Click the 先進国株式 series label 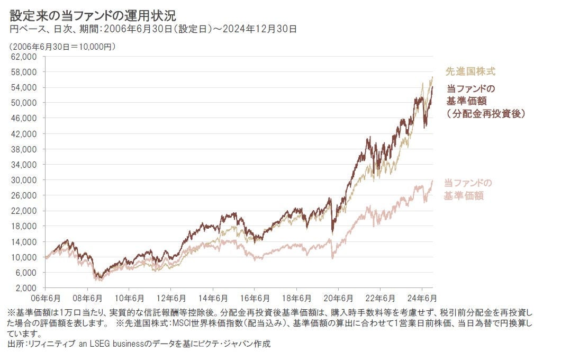coord(471,71)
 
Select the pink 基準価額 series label coord(464,196)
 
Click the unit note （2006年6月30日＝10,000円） coord(62,47)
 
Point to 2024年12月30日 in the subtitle coord(264,29)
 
